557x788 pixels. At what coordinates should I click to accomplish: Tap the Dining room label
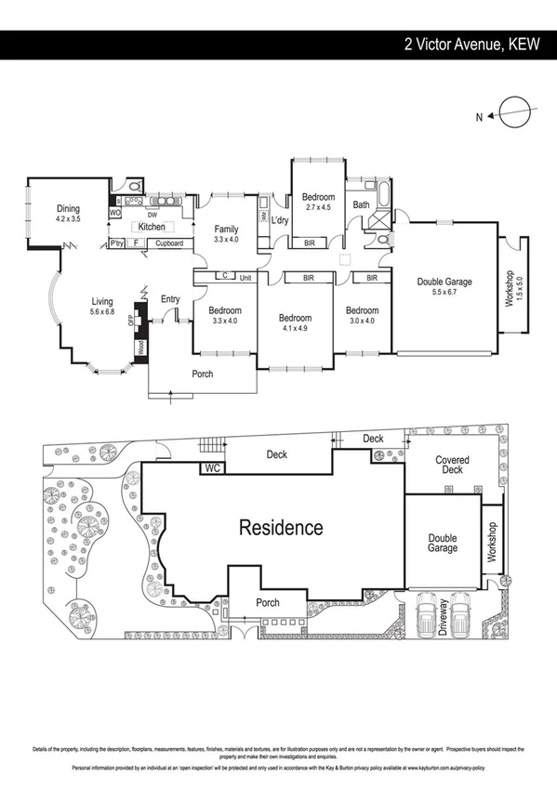pyautogui.click(x=68, y=209)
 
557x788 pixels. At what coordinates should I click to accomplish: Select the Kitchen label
pyautogui.click(x=152, y=227)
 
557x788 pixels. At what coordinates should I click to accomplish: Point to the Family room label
pyautogui.click(x=226, y=230)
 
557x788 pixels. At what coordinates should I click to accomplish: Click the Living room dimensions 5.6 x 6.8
pyautogui.click(x=102, y=312)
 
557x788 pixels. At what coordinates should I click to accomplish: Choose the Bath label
pyautogui.click(x=362, y=205)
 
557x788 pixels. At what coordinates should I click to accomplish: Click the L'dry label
pyautogui.click(x=280, y=220)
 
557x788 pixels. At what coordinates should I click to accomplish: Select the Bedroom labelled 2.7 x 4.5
pyautogui.click(x=317, y=197)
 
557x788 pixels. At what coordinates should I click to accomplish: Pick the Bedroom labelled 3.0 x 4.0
pyautogui.click(x=362, y=310)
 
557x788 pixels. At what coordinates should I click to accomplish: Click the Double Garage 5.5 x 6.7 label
pyautogui.click(x=444, y=282)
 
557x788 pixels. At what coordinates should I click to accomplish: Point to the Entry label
pyautogui.click(x=170, y=298)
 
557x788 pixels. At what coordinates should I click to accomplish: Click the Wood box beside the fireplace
pyautogui.click(x=140, y=348)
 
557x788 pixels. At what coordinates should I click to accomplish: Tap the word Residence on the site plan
pyautogui.click(x=282, y=529)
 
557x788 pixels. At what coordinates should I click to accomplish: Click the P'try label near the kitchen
pyautogui.click(x=116, y=243)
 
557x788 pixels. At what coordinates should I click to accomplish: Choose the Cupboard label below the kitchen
pyautogui.click(x=168, y=243)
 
